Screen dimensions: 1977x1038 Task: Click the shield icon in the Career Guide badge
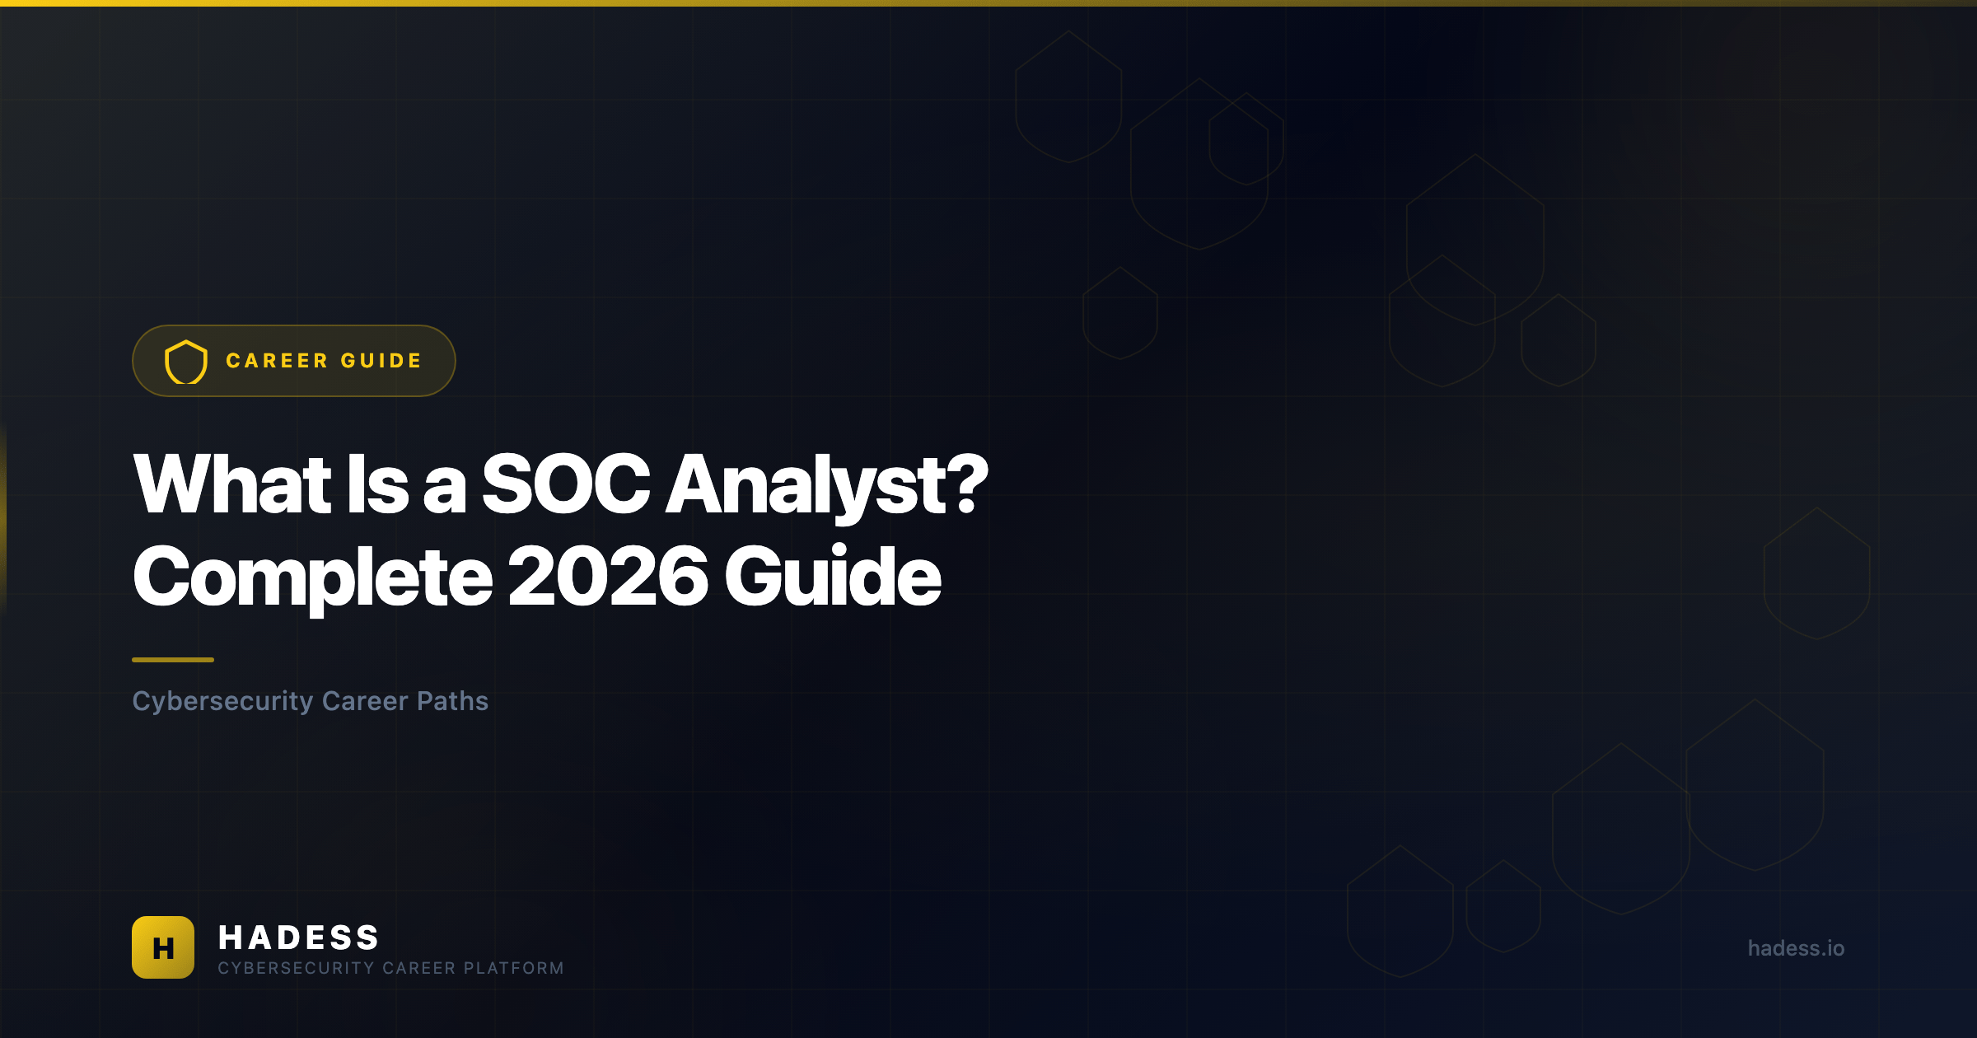pyautogui.click(x=186, y=362)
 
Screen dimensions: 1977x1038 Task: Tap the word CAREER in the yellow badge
pyautogui.click(x=277, y=361)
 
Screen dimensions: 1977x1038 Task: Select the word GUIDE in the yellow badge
pyautogui.click(x=381, y=361)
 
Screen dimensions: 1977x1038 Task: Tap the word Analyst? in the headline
pyautogui.click(x=826, y=488)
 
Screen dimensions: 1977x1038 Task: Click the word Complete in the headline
pyautogui.click(x=313, y=578)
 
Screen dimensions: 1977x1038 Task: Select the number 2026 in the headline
pyautogui.click(x=608, y=577)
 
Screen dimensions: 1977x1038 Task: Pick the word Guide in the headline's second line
pyautogui.click(x=833, y=576)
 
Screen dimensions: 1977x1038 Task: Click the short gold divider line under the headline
pyautogui.click(x=173, y=660)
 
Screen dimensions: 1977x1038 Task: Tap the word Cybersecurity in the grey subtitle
pyautogui.click(x=223, y=702)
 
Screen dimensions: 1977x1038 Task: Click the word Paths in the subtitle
pyautogui.click(x=453, y=701)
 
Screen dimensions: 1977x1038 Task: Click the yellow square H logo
pyautogui.click(x=163, y=947)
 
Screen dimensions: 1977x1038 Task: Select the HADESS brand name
pyautogui.click(x=298, y=937)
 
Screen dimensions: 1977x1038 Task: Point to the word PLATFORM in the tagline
pyautogui.click(x=514, y=968)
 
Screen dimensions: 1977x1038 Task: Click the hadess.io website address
pyautogui.click(x=1796, y=948)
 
